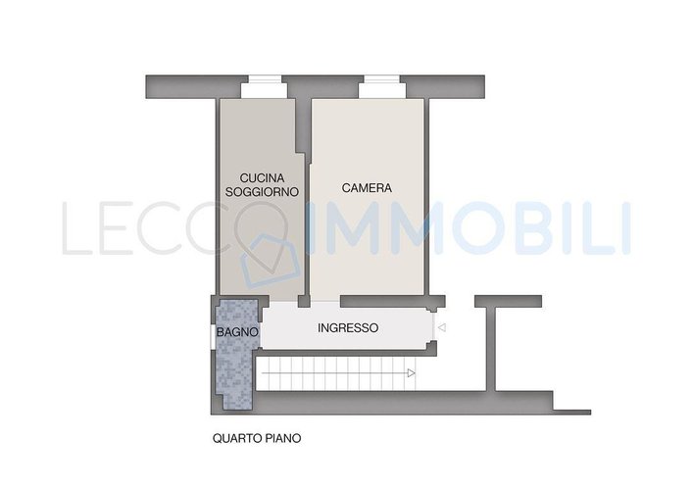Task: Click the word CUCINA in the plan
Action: point(262,178)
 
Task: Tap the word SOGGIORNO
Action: point(262,192)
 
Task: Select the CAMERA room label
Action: point(367,188)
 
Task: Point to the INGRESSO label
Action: point(348,328)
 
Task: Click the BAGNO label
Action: point(237,332)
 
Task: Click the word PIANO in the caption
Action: point(283,438)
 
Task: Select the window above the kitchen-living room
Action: point(265,87)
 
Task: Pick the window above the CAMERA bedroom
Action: point(382,87)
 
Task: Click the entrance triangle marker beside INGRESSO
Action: point(441,328)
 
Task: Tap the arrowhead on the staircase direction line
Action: point(412,373)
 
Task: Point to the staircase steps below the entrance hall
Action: point(336,373)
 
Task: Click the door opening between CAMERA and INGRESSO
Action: point(325,302)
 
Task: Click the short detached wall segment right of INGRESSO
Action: point(509,301)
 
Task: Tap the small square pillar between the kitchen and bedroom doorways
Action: point(304,302)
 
